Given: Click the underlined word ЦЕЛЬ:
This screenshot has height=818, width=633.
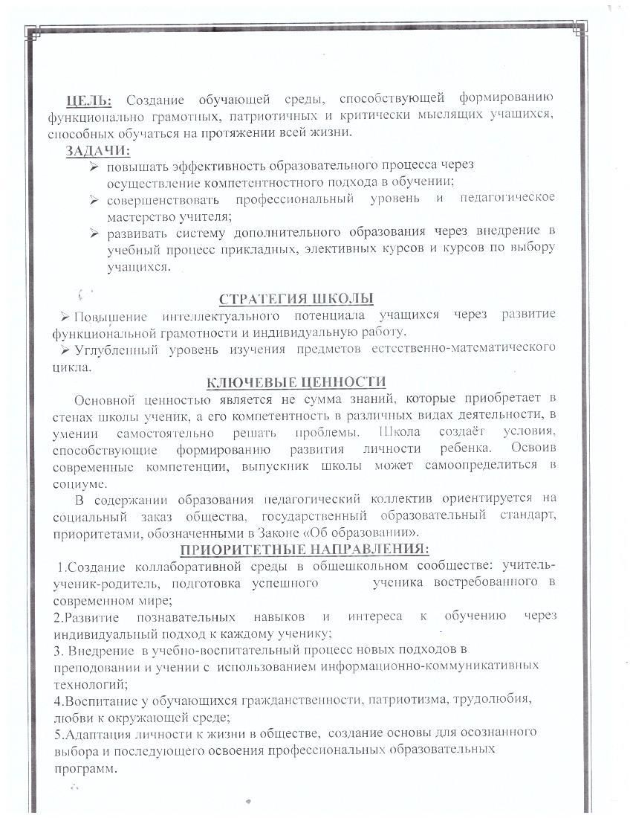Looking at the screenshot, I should click(x=89, y=100).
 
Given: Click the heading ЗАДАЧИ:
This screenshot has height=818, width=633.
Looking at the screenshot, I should click(x=97, y=151).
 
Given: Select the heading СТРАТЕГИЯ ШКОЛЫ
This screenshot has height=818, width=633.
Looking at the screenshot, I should click(x=296, y=299).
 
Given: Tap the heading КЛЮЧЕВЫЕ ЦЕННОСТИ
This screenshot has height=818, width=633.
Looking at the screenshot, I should click(x=295, y=382).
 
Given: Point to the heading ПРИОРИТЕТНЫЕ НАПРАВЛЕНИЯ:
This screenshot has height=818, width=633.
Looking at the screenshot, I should click(x=305, y=550).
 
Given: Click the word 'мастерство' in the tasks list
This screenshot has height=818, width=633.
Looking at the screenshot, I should click(x=140, y=217).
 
